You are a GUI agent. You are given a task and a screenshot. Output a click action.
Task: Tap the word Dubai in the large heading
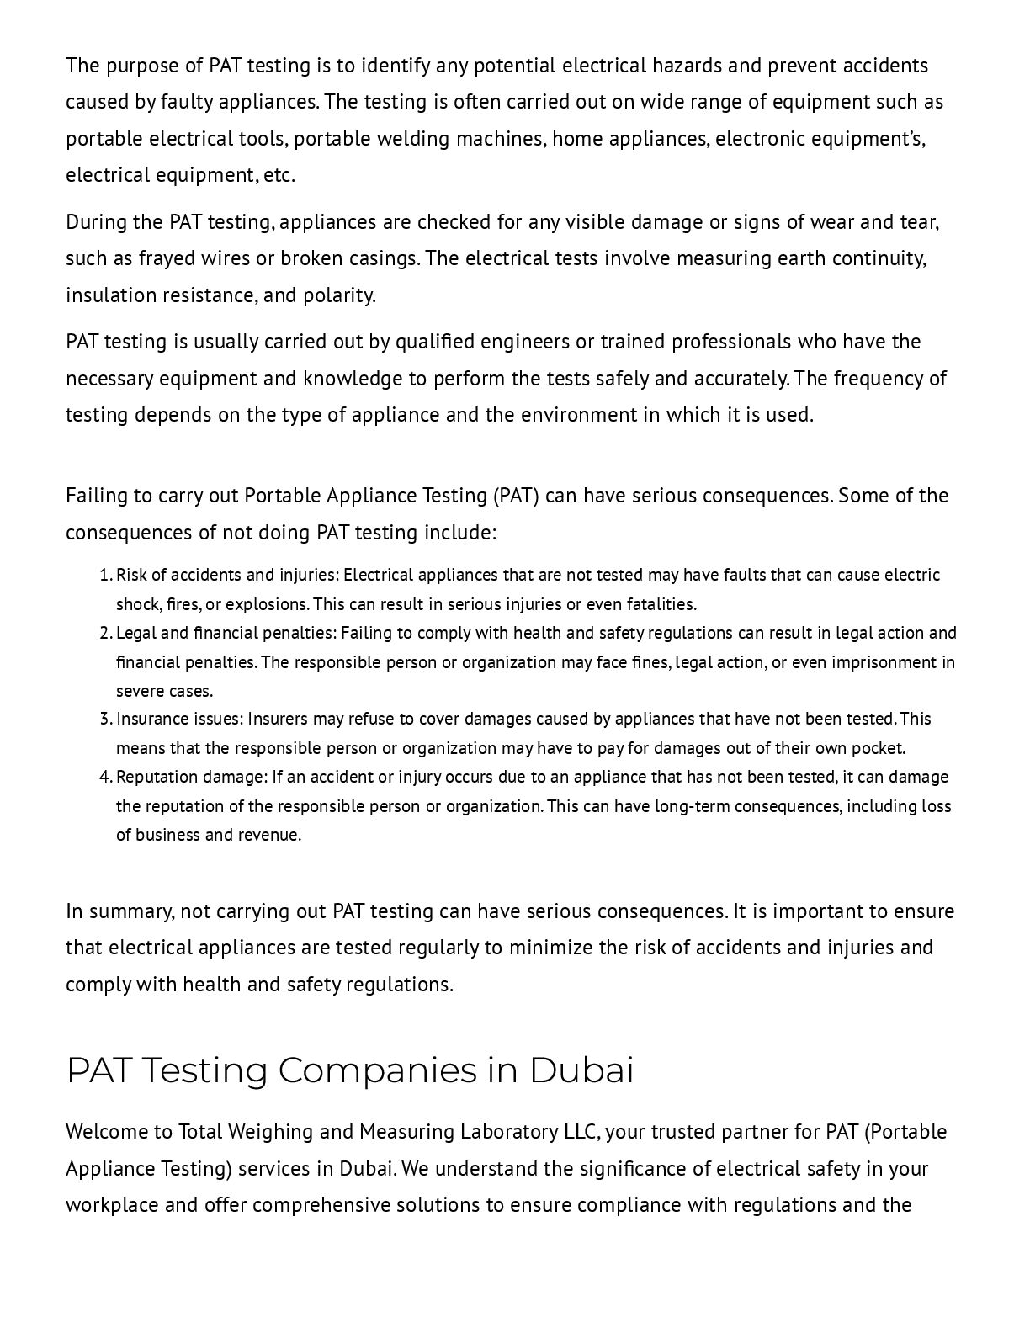tap(581, 1071)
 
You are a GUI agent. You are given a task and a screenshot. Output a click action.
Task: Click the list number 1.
tap(104, 575)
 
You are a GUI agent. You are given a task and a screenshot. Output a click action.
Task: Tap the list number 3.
tap(104, 719)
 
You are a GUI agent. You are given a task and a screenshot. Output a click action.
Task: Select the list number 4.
tap(104, 777)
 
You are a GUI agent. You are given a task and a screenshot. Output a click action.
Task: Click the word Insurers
tap(278, 719)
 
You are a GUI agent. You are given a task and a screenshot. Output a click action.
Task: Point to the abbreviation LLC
tap(581, 1132)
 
